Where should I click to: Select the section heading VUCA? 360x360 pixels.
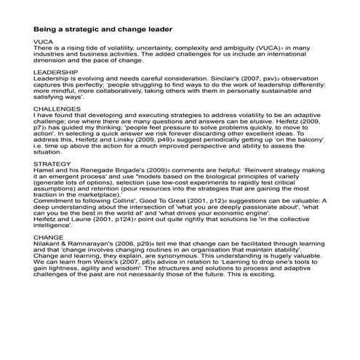pyautogui.click(x=43, y=42)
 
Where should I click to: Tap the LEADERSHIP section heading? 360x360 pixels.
pyautogui.click(x=56, y=74)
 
